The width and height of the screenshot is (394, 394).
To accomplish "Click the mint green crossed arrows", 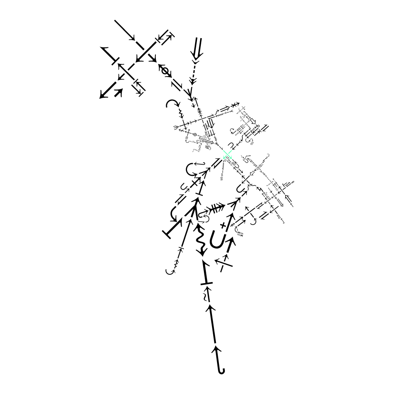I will click(x=227, y=155).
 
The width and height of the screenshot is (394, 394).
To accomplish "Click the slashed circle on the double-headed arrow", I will click(x=165, y=71).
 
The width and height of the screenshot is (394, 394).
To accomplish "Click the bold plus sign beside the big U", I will click(x=222, y=225).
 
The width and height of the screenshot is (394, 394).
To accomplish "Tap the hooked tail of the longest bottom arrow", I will click(x=221, y=370).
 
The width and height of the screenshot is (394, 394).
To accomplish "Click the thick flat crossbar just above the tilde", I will click(x=207, y=284).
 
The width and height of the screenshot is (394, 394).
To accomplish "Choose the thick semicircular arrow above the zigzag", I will click(x=173, y=103).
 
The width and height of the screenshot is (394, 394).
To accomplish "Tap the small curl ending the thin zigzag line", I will click(x=170, y=271).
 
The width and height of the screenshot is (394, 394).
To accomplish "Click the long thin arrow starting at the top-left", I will click(x=125, y=30).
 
